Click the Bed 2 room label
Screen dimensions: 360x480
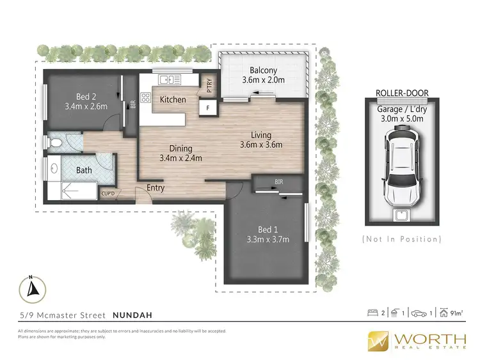coord(85,96)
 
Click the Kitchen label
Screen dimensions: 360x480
coord(173,100)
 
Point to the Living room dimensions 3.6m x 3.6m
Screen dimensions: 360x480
coord(261,145)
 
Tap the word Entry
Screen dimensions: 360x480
coord(156,188)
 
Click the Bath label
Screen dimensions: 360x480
coord(84,170)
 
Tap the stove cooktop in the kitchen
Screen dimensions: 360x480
coord(145,98)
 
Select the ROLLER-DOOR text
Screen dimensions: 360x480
coord(402,93)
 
